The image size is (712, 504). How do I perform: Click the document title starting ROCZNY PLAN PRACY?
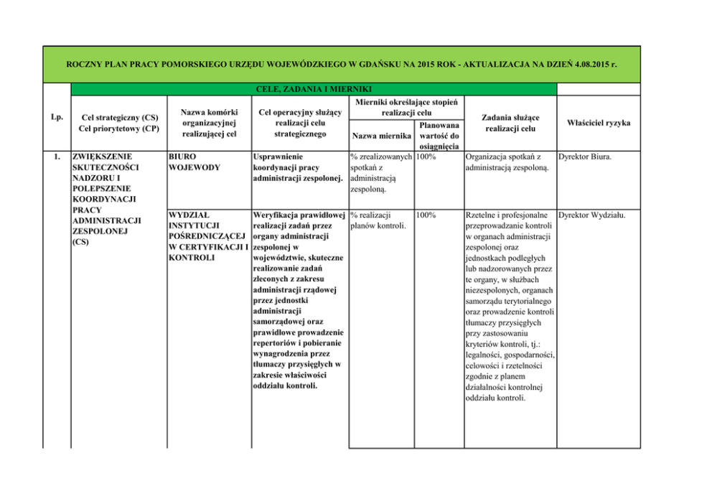[342, 65]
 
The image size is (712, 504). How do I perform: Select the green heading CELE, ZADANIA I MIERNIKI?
[313, 89]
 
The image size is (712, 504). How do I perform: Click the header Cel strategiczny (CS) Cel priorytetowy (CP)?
[119, 123]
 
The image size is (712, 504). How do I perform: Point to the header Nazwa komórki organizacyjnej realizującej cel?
[209, 123]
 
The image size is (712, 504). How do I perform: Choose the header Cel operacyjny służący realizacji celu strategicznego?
[300, 123]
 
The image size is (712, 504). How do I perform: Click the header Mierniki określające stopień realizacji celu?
[406, 108]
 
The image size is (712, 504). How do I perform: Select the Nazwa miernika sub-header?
[381, 136]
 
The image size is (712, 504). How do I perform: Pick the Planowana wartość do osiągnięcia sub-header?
[439, 136]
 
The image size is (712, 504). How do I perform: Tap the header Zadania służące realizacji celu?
[510, 123]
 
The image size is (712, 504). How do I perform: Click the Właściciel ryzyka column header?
[599, 123]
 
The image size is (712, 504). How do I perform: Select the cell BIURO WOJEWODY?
[188, 162]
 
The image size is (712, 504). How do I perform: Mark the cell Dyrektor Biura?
[585, 156]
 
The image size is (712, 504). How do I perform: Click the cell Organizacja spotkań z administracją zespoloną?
[508, 162]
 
